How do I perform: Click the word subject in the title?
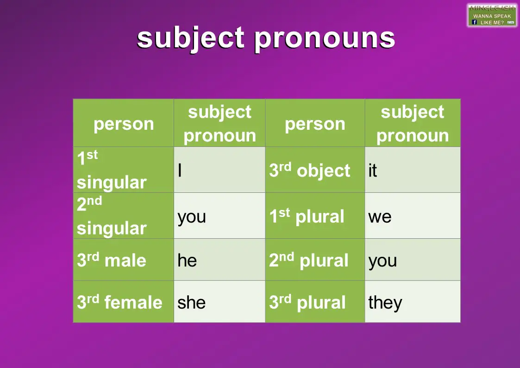(190, 38)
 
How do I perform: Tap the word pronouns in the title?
(325, 38)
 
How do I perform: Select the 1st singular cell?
(111, 170)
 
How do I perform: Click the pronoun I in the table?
(180, 171)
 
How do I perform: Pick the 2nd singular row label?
(111, 216)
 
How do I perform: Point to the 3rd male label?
(111, 260)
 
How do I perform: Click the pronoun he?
(187, 260)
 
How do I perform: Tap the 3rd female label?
(119, 302)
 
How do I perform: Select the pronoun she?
(191, 302)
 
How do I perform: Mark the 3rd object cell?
(309, 171)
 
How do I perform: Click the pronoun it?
(373, 171)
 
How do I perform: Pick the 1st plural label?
(307, 216)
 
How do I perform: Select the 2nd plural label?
(308, 260)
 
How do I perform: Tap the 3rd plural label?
(307, 302)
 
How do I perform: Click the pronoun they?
(385, 303)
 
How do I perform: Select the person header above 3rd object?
(315, 124)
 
